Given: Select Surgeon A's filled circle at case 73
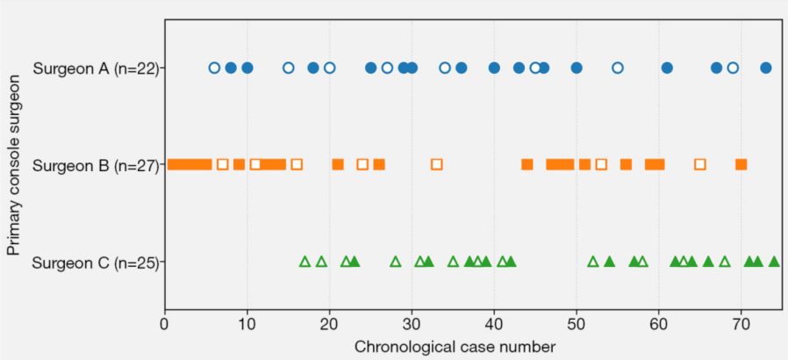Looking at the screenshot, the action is click(x=765, y=68).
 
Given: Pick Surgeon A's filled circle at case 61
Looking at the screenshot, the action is click(x=667, y=68).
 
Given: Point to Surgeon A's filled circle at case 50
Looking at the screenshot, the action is click(x=577, y=68).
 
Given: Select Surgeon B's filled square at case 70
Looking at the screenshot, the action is click(x=741, y=164).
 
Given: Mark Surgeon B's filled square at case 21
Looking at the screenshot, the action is click(x=338, y=164).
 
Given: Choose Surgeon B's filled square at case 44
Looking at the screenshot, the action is click(x=527, y=164).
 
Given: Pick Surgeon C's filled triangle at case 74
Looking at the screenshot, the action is click(x=774, y=262).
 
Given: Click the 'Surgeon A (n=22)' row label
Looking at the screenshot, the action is click(x=96, y=68).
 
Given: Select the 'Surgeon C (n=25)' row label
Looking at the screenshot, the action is click(x=96, y=263).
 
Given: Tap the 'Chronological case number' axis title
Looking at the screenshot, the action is click(x=455, y=347).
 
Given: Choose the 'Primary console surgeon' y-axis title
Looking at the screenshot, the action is click(x=14, y=165).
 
